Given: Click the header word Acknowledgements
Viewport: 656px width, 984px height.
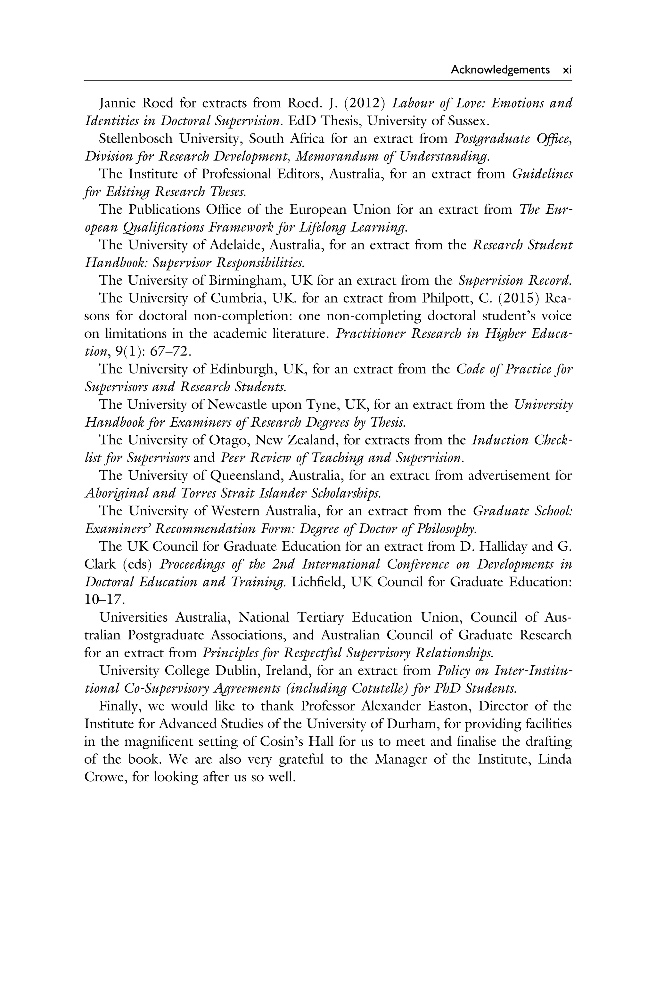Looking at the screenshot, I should [x=500, y=70].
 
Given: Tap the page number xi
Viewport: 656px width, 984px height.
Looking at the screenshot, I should [x=567, y=70].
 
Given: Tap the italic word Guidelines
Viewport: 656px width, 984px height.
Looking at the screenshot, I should [x=542, y=174].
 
